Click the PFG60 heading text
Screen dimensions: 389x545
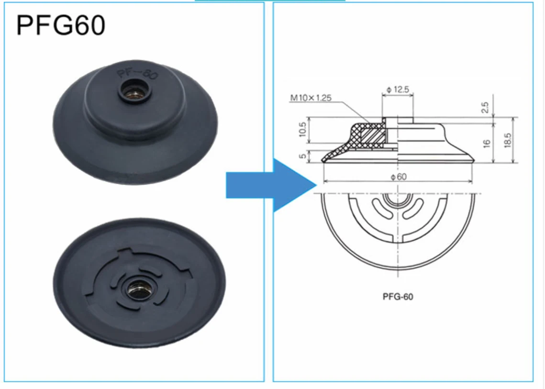(61, 25)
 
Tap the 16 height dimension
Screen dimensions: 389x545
(487, 143)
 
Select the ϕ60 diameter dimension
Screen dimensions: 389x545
(398, 177)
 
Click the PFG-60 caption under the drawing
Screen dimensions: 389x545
(398, 297)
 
